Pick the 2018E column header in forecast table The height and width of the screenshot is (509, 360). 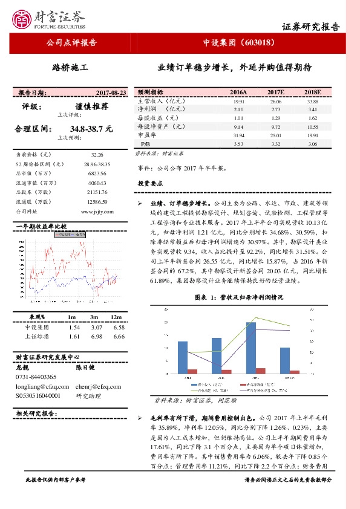(x=312, y=92)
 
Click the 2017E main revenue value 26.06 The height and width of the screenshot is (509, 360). (x=275, y=102)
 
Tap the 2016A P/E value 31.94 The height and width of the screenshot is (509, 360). (x=238, y=137)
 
